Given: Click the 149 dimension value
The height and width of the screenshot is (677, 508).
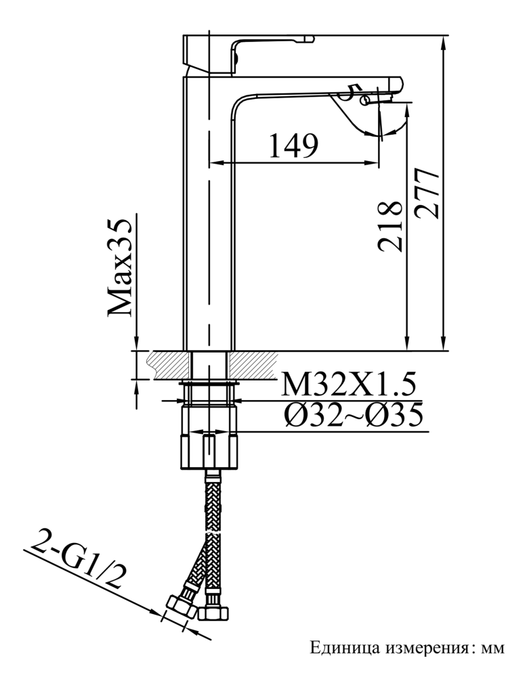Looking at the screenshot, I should (x=293, y=145).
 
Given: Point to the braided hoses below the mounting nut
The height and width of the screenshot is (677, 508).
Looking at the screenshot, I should (x=210, y=535).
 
